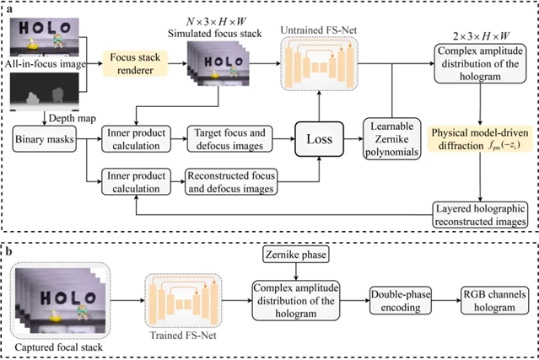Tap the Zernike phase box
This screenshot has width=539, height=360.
click(x=294, y=254)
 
